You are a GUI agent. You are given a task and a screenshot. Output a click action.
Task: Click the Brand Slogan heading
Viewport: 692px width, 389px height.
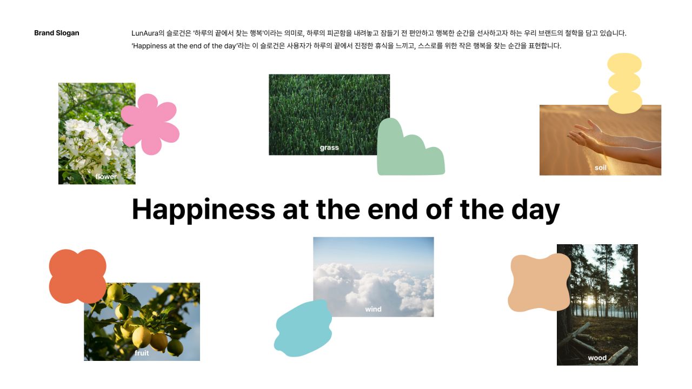point(57,33)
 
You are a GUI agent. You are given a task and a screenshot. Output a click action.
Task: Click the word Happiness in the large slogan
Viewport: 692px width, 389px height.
point(203,210)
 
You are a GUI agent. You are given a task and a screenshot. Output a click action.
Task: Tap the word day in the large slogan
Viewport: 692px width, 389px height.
point(535,210)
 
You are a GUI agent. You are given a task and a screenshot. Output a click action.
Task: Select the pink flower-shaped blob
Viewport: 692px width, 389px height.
point(150,124)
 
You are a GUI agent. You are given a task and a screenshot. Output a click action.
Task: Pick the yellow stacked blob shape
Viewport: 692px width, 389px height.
point(624,83)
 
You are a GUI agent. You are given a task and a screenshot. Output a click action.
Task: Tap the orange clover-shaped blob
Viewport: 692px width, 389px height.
point(77,276)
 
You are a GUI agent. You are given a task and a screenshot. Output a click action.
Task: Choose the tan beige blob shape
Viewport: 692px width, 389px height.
point(540,283)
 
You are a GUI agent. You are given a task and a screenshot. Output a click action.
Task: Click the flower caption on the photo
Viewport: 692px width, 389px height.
point(106,177)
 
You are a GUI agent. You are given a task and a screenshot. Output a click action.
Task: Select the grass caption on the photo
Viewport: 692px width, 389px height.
point(329,148)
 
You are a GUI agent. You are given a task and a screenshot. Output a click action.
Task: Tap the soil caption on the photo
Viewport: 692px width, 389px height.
point(601,167)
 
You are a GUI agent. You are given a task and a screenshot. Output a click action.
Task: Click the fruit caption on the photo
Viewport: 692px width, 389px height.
point(142,353)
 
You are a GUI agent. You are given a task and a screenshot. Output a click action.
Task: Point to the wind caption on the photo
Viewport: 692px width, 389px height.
point(373,309)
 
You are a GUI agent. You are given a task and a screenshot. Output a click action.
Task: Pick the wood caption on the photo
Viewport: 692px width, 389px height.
point(597,358)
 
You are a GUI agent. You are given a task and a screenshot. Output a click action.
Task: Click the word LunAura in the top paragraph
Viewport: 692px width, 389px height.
point(144,33)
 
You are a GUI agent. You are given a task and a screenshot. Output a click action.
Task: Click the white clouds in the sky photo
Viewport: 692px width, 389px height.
point(374,287)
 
